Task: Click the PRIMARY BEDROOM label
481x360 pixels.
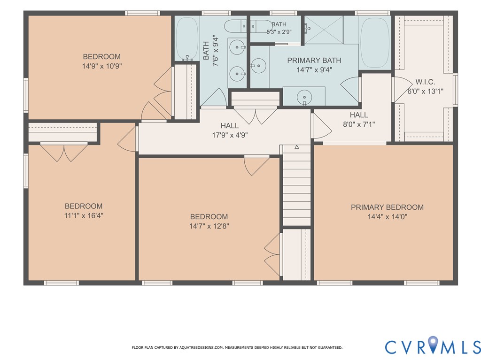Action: point(387,207)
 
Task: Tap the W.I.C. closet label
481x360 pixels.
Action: point(425,82)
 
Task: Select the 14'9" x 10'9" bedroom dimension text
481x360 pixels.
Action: point(102,66)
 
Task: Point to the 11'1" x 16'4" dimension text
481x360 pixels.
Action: point(84,215)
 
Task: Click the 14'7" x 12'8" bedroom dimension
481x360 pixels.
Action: point(209,226)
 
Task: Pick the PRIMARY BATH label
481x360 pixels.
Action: point(314,61)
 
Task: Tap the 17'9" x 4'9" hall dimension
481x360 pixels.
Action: point(230,135)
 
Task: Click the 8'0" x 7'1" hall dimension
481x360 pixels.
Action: point(359,124)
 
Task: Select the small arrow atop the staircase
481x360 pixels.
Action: point(297,147)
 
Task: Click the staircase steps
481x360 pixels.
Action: point(297,185)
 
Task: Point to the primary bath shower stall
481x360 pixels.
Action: point(324,30)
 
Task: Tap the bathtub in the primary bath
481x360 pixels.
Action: point(374,43)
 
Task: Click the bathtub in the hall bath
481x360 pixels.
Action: point(187,38)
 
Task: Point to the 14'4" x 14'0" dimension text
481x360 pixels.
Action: point(388,217)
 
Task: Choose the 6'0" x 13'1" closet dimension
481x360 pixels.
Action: point(425,92)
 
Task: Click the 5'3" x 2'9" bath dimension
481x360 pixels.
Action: point(279,31)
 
